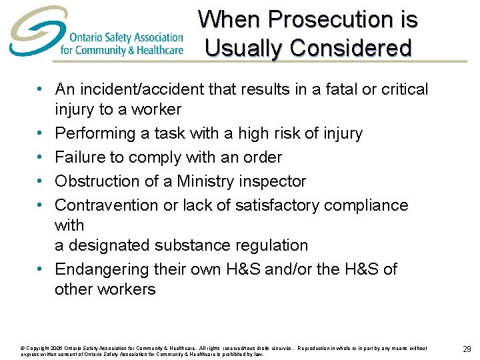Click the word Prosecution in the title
(x=320, y=19)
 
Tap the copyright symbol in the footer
(x=23, y=348)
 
